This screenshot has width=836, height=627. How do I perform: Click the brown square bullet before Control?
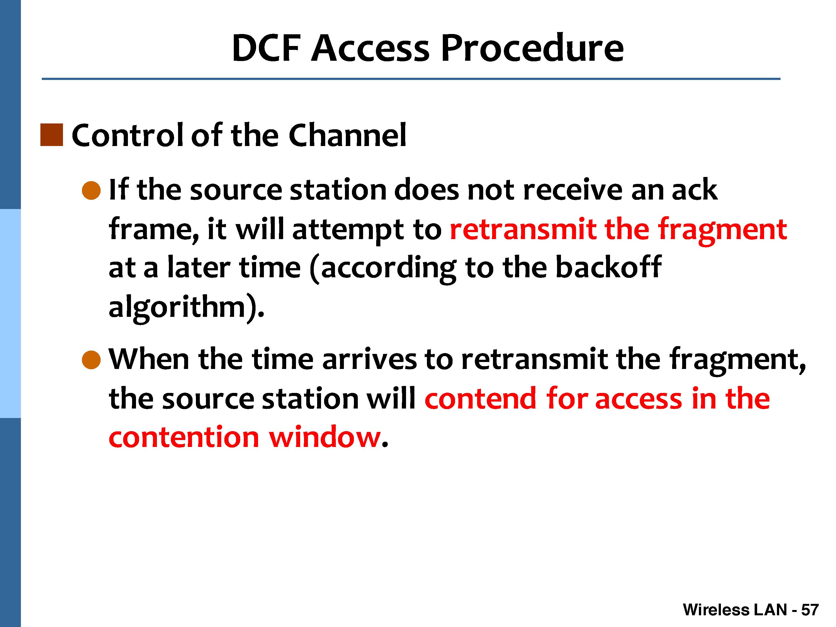52,135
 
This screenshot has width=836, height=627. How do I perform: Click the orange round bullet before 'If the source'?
91,190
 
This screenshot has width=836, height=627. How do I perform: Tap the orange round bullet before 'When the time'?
91,359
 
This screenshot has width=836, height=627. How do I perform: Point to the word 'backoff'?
609,267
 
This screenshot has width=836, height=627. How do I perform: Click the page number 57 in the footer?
810,610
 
